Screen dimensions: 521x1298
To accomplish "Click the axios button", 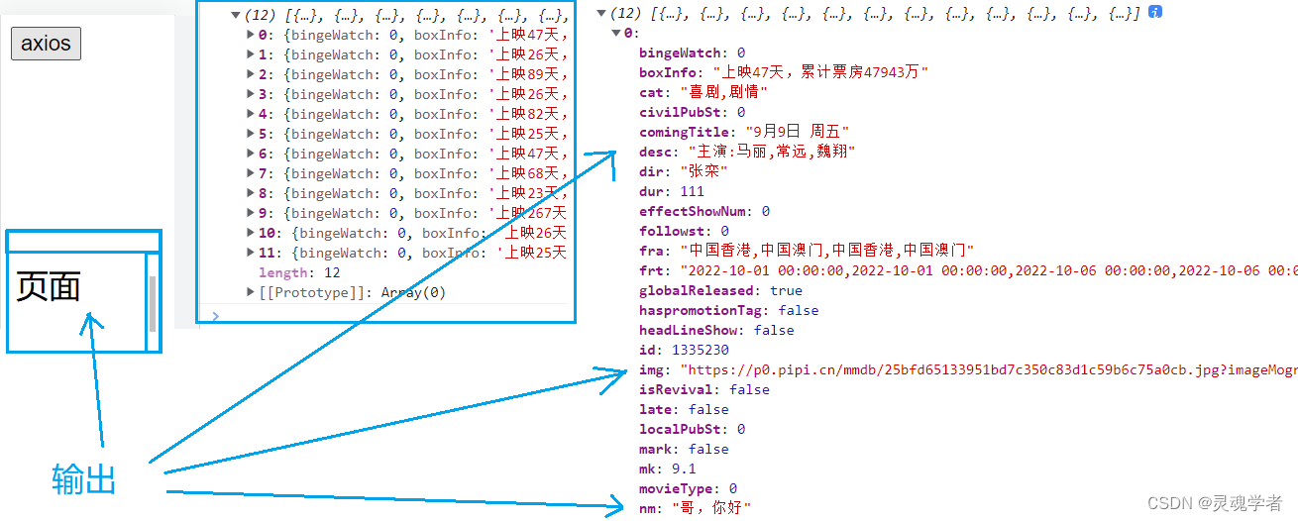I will coord(46,44).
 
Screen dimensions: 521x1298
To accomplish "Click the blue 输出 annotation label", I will coord(84,479).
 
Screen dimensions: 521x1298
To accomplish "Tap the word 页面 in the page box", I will coord(49,287).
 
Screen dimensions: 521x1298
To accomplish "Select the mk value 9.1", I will coord(683,469).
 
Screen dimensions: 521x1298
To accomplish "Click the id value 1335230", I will coord(700,350).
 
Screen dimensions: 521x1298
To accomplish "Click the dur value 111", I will coord(692,191).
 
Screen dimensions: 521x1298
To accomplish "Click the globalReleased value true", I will coord(786,290).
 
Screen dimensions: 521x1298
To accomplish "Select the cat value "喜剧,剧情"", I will coord(724,92).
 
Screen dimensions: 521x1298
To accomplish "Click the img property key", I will coord(650,369).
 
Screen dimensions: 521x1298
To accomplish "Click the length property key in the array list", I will coord(282,272).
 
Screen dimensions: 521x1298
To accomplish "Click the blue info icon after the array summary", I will coord(1154,13).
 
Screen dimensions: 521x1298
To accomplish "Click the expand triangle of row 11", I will coord(251,253).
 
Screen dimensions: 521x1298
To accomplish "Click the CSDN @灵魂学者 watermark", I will coord(1215,503).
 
